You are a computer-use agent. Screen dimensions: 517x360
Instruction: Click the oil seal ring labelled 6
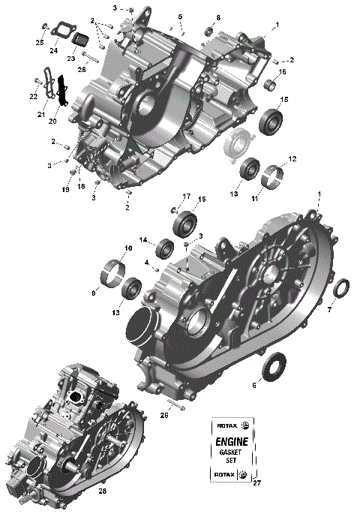point(274,365)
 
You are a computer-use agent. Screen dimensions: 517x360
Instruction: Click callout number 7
point(329,309)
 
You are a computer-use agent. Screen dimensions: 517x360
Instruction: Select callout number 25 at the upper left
point(40,42)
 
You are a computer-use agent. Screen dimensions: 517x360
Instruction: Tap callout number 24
point(53,51)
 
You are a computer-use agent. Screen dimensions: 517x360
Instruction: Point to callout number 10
point(128,248)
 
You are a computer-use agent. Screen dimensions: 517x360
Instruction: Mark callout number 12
point(292,159)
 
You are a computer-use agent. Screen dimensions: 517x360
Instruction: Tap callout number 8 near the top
point(218,17)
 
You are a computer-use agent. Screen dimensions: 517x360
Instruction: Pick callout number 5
point(180,17)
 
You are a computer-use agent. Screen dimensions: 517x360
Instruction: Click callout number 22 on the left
point(34,96)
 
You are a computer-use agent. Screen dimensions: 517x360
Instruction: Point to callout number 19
point(65,190)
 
